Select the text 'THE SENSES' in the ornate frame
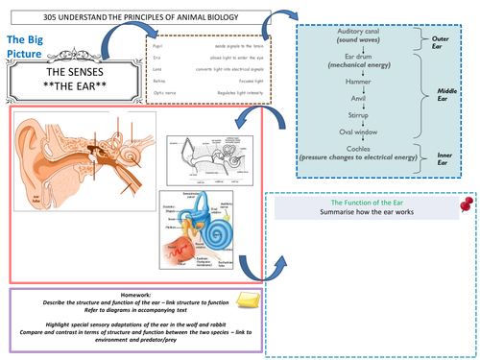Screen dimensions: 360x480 [68, 73]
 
